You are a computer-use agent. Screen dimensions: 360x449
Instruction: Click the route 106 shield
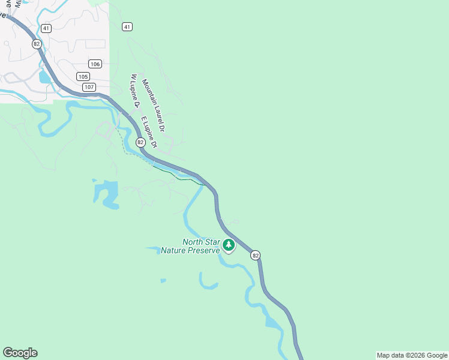95,64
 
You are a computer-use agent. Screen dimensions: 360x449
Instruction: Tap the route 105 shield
83,76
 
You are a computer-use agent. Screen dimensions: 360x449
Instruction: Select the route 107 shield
89,88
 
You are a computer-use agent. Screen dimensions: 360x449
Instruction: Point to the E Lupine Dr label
149,132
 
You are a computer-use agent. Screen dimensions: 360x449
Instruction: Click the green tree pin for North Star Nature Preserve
229,245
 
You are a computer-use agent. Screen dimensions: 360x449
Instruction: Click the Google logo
20,353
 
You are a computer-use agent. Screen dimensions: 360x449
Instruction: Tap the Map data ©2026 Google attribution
412,355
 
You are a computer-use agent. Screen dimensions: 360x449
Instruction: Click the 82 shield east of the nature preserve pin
256,255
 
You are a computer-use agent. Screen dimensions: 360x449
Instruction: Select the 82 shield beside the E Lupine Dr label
140,142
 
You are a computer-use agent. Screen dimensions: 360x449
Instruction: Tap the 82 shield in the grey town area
37,44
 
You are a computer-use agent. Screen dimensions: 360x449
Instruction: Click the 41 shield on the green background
126,26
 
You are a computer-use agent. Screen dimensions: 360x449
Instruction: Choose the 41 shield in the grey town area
46,28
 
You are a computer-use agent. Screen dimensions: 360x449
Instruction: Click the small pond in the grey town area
44,77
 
